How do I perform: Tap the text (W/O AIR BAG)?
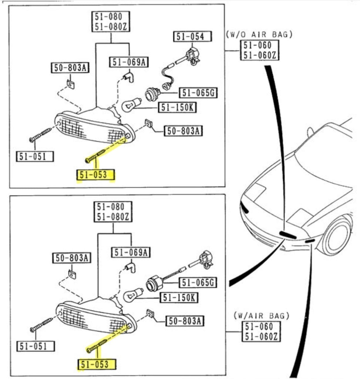click(x=259, y=34)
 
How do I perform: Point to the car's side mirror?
click(x=310, y=131)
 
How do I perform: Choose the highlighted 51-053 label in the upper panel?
click(x=96, y=175)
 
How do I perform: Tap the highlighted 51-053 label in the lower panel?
click(x=96, y=364)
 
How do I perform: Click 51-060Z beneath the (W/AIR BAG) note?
click(x=261, y=336)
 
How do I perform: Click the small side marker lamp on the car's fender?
click(x=310, y=241)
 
